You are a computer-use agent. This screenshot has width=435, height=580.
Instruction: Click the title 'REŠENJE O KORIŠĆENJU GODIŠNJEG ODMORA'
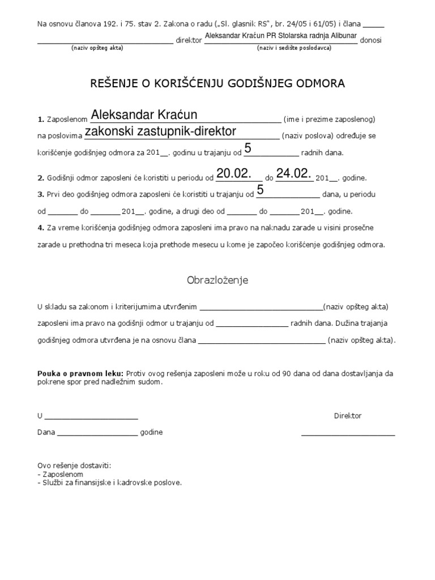tap(218, 83)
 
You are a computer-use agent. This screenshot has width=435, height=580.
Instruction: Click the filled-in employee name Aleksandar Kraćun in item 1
tap(144, 115)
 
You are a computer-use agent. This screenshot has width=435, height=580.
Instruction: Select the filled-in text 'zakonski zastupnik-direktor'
tap(160, 131)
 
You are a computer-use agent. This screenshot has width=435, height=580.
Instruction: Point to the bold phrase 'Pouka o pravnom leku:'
tap(80, 374)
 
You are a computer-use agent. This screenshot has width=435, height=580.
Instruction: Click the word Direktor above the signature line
tap(348, 416)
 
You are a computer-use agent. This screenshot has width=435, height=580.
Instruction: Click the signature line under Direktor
tap(348, 435)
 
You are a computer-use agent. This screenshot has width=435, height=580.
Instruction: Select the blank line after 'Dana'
tap(97, 435)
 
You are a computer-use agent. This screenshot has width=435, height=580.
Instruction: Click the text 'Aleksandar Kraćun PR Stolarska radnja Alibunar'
tap(280, 36)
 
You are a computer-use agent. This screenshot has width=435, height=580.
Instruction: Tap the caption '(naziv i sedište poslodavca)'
tap(294, 48)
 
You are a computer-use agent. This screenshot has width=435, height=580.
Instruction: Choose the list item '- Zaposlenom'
tap(60, 474)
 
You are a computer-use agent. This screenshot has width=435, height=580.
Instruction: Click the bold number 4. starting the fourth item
tap(41, 227)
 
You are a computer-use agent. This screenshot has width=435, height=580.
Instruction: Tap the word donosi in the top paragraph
tap(371, 41)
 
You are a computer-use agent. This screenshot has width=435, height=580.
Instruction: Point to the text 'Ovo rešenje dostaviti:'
tap(74, 466)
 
